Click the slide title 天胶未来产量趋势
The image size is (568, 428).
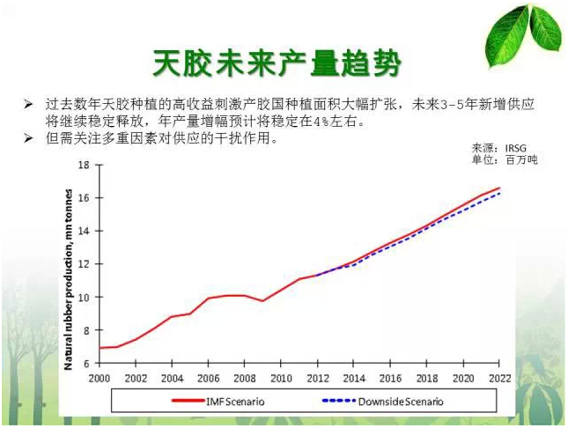(277, 63)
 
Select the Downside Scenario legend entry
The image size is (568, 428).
(387, 401)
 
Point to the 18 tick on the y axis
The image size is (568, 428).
(84, 165)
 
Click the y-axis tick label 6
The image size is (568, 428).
(86, 363)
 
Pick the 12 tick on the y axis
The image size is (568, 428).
(84, 264)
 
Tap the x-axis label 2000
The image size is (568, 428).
(99, 378)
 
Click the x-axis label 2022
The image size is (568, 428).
(499, 378)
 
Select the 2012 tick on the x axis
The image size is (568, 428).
(317, 378)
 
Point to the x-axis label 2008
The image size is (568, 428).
(244, 378)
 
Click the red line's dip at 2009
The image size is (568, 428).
(262, 301)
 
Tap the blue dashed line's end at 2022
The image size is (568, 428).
(499, 193)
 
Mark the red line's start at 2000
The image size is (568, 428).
(99, 348)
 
